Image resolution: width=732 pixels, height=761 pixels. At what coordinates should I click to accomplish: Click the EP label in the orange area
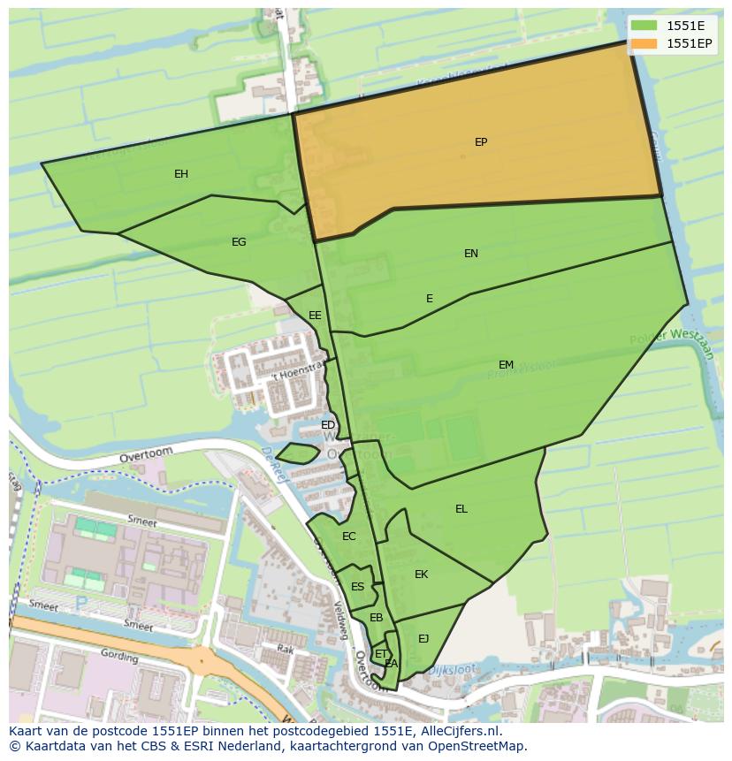point(481,141)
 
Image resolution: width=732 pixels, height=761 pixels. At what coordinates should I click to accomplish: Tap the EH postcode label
point(181,174)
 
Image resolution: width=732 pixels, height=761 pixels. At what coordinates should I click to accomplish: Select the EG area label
point(239,242)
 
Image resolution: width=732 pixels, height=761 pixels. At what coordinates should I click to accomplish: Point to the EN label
point(471,254)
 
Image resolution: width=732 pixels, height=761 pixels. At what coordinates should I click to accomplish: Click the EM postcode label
point(506,365)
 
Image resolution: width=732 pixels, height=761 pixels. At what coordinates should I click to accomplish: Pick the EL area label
point(461,509)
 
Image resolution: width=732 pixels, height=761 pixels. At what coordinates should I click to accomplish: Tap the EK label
point(421,575)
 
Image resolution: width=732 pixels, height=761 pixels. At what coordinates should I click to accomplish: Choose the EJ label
point(423,639)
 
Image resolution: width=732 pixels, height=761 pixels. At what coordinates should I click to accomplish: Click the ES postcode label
point(357,587)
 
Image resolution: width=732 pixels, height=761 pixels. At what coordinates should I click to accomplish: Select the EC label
point(348,537)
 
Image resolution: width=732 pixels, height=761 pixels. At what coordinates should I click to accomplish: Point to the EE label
point(315,316)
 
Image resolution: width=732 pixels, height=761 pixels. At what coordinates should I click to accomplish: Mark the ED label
point(328,426)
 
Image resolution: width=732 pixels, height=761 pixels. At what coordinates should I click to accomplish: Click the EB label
point(376,618)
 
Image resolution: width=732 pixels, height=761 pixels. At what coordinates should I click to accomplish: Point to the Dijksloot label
point(452,671)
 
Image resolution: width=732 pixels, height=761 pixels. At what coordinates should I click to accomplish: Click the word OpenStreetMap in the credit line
point(478,746)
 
